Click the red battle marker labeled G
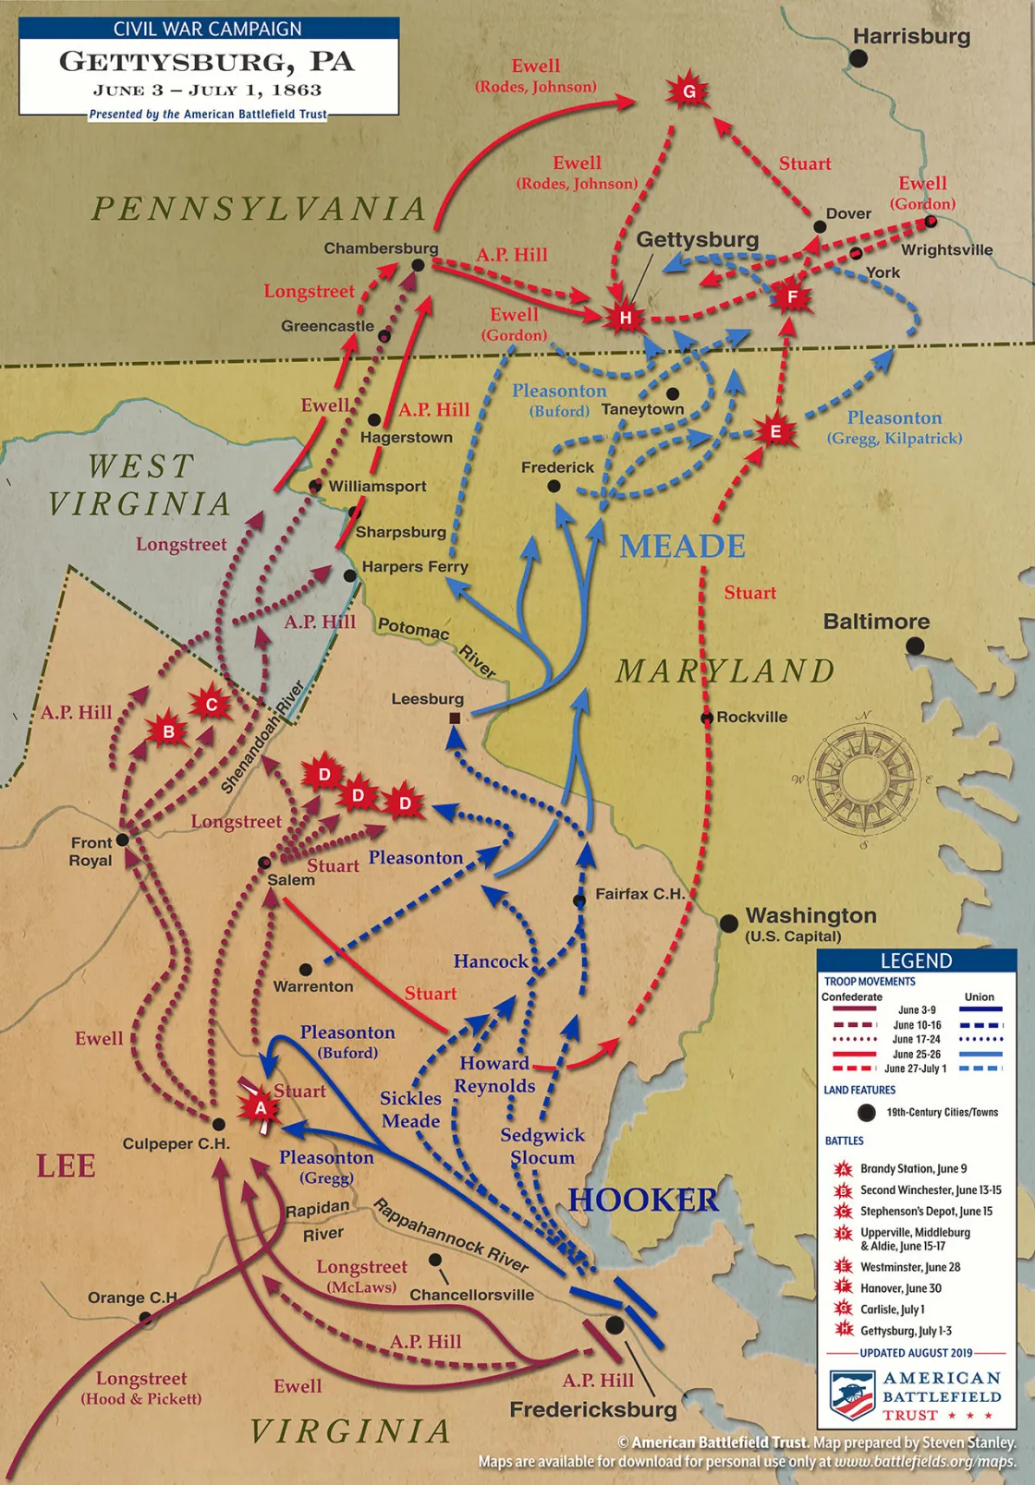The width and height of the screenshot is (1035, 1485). coord(688,91)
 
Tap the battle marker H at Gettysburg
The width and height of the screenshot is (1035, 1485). coord(626,318)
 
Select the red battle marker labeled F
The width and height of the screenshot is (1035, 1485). coord(791,297)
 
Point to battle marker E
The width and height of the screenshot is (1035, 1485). coord(775,431)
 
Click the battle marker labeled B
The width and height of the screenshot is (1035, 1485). coord(168,732)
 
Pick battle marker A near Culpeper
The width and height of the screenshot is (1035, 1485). coord(261,1107)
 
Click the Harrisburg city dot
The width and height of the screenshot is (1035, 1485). coord(858,58)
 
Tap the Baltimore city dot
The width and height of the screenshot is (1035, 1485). coord(915,646)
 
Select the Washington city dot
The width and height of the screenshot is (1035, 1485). coord(728,922)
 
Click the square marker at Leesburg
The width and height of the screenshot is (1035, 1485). coord(455,718)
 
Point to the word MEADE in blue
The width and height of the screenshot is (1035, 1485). coord(682,547)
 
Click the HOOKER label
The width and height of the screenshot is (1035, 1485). coord(643,1200)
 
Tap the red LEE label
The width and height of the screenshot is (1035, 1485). coord(66,1165)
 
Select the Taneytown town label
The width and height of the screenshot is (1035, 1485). coord(643,409)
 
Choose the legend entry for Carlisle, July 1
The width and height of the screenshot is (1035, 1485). coord(892,1310)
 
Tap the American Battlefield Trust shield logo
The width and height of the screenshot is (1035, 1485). coord(851,1394)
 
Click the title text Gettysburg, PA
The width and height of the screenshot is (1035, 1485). coord(207,62)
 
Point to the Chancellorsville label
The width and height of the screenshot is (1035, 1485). coord(471,1295)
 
